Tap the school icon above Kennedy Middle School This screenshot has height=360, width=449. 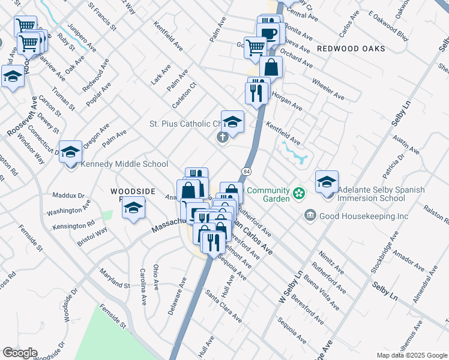tap(70, 151)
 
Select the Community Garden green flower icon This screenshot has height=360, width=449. tap(298, 193)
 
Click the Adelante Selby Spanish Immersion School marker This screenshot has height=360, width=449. tap(327, 182)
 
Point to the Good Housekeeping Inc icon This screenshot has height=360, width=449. tap(310, 214)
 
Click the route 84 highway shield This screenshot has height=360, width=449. tap(247, 172)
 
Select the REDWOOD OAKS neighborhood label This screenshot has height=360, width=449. tap(351, 48)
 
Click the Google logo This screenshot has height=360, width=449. tap(20, 353)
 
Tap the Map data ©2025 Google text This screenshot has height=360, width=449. tap(411, 355)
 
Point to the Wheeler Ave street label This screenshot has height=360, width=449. tap(328, 88)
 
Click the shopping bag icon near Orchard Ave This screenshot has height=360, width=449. tap(271, 67)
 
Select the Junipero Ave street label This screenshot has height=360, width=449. tap(83, 37)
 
